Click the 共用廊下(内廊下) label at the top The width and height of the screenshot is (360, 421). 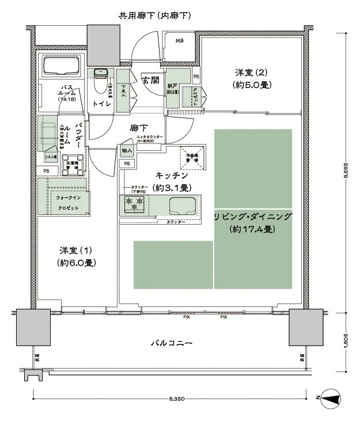point(155,14)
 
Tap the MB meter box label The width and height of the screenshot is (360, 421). point(180,41)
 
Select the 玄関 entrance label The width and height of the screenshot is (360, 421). point(150,81)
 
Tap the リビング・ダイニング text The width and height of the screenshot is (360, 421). point(252,217)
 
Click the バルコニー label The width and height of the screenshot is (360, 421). point(172,343)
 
